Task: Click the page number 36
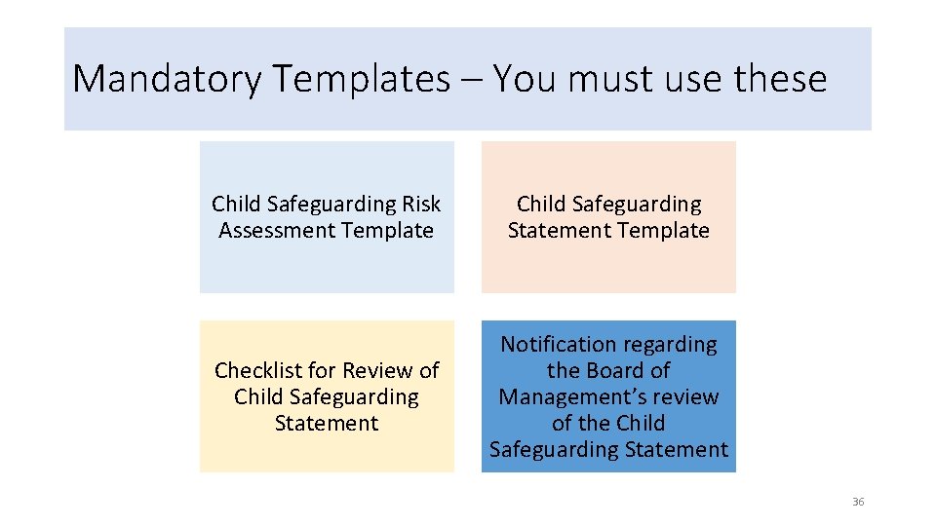(x=858, y=502)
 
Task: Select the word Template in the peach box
(x=664, y=231)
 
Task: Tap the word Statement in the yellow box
(x=327, y=424)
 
